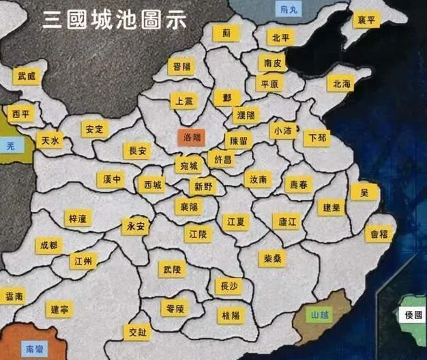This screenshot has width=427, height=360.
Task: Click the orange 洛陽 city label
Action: (192, 138)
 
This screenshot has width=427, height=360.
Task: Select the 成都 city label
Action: (48, 245)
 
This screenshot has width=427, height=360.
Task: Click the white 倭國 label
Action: (413, 315)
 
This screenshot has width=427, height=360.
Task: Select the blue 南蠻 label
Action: (34, 349)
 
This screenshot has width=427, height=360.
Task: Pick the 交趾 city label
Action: (137, 333)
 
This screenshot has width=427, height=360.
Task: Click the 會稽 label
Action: (379, 234)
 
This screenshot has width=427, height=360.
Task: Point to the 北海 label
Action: (341, 84)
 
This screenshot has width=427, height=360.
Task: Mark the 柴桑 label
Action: (272, 258)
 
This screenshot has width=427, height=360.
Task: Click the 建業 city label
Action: (332, 207)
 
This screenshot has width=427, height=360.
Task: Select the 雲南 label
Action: (14, 297)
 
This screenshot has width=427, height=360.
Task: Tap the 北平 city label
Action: (280, 37)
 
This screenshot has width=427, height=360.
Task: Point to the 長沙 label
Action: (227, 286)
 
